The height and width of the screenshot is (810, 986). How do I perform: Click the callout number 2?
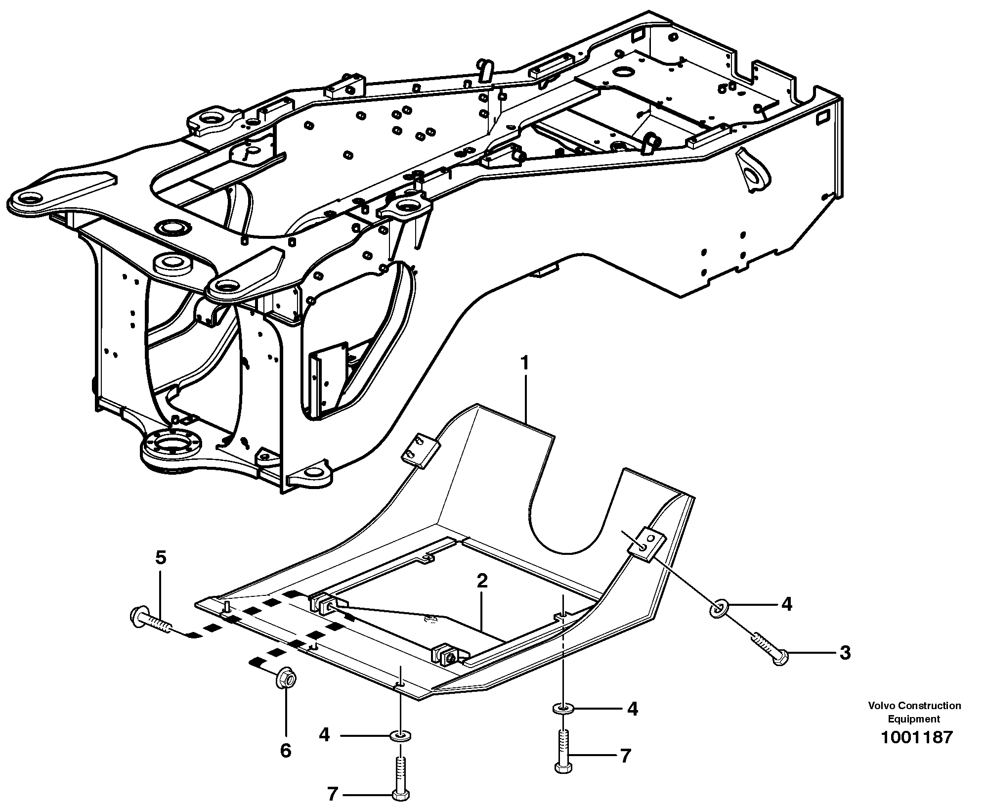pyautogui.click(x=482, y=581)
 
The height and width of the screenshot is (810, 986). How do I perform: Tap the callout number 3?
pyautogui.click(x=845, y=653)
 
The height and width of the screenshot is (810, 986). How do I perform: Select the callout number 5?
pyautogui.click(x=161, y=558)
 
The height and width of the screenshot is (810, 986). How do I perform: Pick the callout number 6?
pyautogui.click(x=286, y=751)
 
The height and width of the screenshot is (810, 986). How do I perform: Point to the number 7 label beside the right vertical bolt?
pyautogui.click(x=626, y=756)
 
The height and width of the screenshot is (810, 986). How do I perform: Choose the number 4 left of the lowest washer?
pyautogui.click(x=324, y=735)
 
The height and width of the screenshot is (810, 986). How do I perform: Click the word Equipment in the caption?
pyautogui.click(x=914, y=719)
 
